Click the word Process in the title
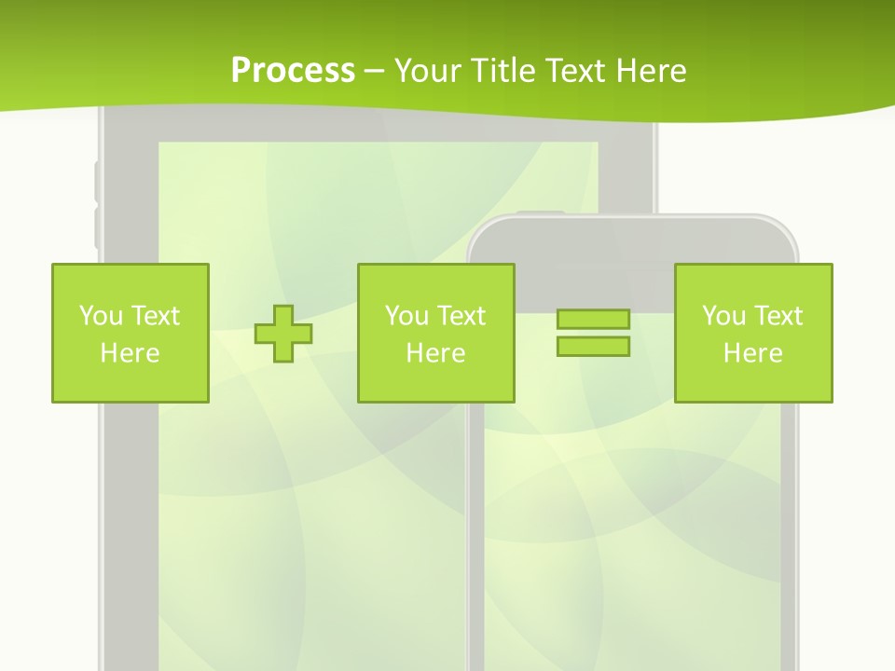pos(293,71)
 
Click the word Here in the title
pos(653,71)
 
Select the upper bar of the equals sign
pos(593,319)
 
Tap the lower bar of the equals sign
pos(593,347)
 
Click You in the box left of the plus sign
pos(101,316)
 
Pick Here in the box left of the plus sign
pos(130,353)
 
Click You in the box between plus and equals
pos(406,316)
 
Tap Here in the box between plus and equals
pos(435,353)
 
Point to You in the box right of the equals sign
pos(723,316)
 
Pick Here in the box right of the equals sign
pos(752,353)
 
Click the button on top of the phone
pos(541,214)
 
